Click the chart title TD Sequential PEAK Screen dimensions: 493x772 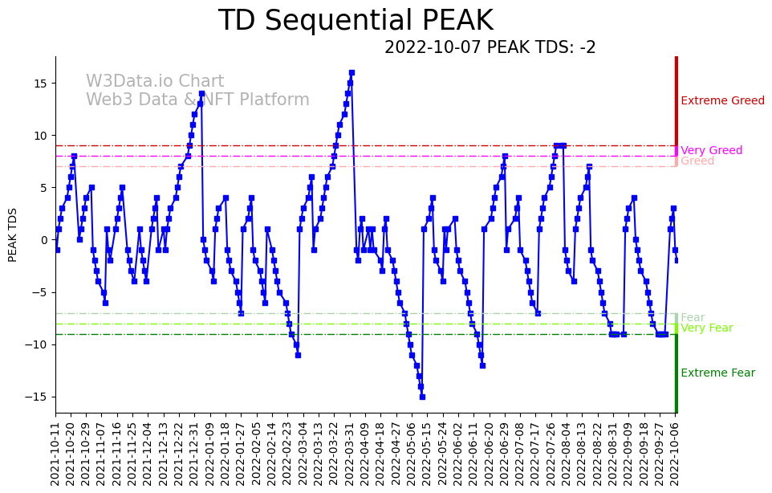point(356,21)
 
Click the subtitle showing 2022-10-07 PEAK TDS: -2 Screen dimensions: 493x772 point(490,47)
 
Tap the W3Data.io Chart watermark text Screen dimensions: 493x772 point(155,82)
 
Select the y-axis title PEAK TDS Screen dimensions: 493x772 point(13,234)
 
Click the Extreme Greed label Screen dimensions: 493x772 point(722,101)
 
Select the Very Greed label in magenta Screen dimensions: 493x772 point(711,151)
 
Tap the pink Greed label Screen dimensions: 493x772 point(697,161)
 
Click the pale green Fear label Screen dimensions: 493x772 point(693,318)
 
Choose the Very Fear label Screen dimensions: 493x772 point(706,328)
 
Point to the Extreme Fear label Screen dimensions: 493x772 point(717,373)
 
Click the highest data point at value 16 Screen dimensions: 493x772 point(351,72)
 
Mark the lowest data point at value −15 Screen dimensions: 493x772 point(421,397)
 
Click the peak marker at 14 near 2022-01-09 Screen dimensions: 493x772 point(201,93)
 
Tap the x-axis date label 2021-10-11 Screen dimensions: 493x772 point(55,453)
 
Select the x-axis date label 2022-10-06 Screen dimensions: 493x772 point(675,453)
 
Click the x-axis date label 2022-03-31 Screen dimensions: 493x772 point(350,453)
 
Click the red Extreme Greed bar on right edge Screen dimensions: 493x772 point(677,100)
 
